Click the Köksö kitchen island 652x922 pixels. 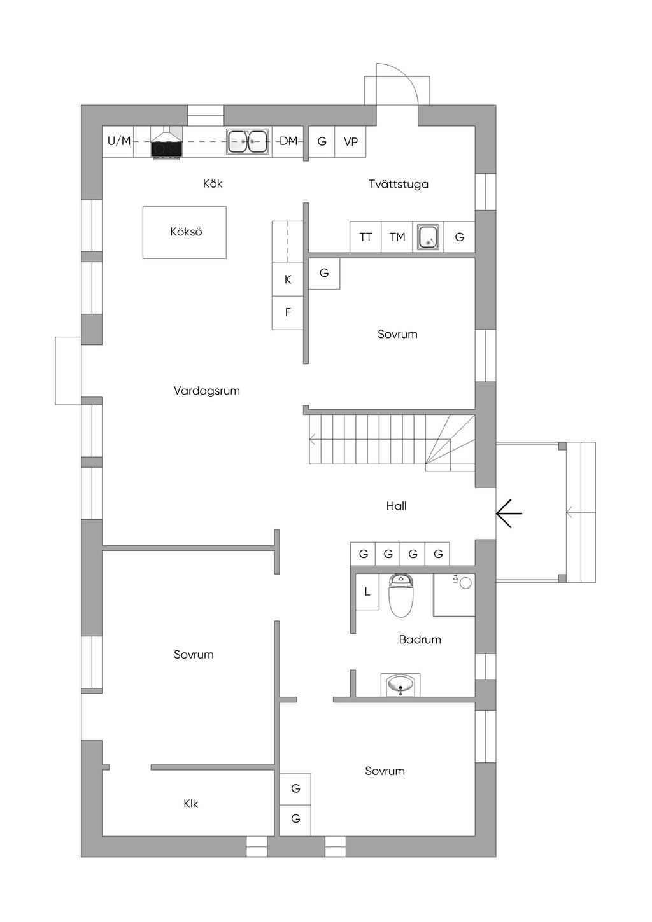[x=185, y=232]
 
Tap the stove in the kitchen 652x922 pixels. [x=166, y=148]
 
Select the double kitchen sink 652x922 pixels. [x=248, y=141]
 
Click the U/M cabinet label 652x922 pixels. [x=118, y=141]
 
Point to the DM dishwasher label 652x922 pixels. [x=288, y=141]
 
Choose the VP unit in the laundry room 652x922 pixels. [x=350, y=142]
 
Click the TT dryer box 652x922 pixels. [x=365, y=237]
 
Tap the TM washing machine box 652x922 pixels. [x=397, y=237]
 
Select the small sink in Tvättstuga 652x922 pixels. [x=428, y=237]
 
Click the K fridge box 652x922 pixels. [x=288, y=279]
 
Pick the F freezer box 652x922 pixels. [x=288, y=312]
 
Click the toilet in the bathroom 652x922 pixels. [x=401, y=596]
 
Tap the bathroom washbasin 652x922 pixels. [x=400, y=685]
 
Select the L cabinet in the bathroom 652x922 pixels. [x=367, y=592]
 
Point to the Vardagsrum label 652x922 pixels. [x=206, y=391]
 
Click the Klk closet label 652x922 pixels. [x=190, y=804]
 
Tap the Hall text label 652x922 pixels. [x=396, y=506]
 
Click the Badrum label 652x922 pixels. [x=420, y=639]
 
